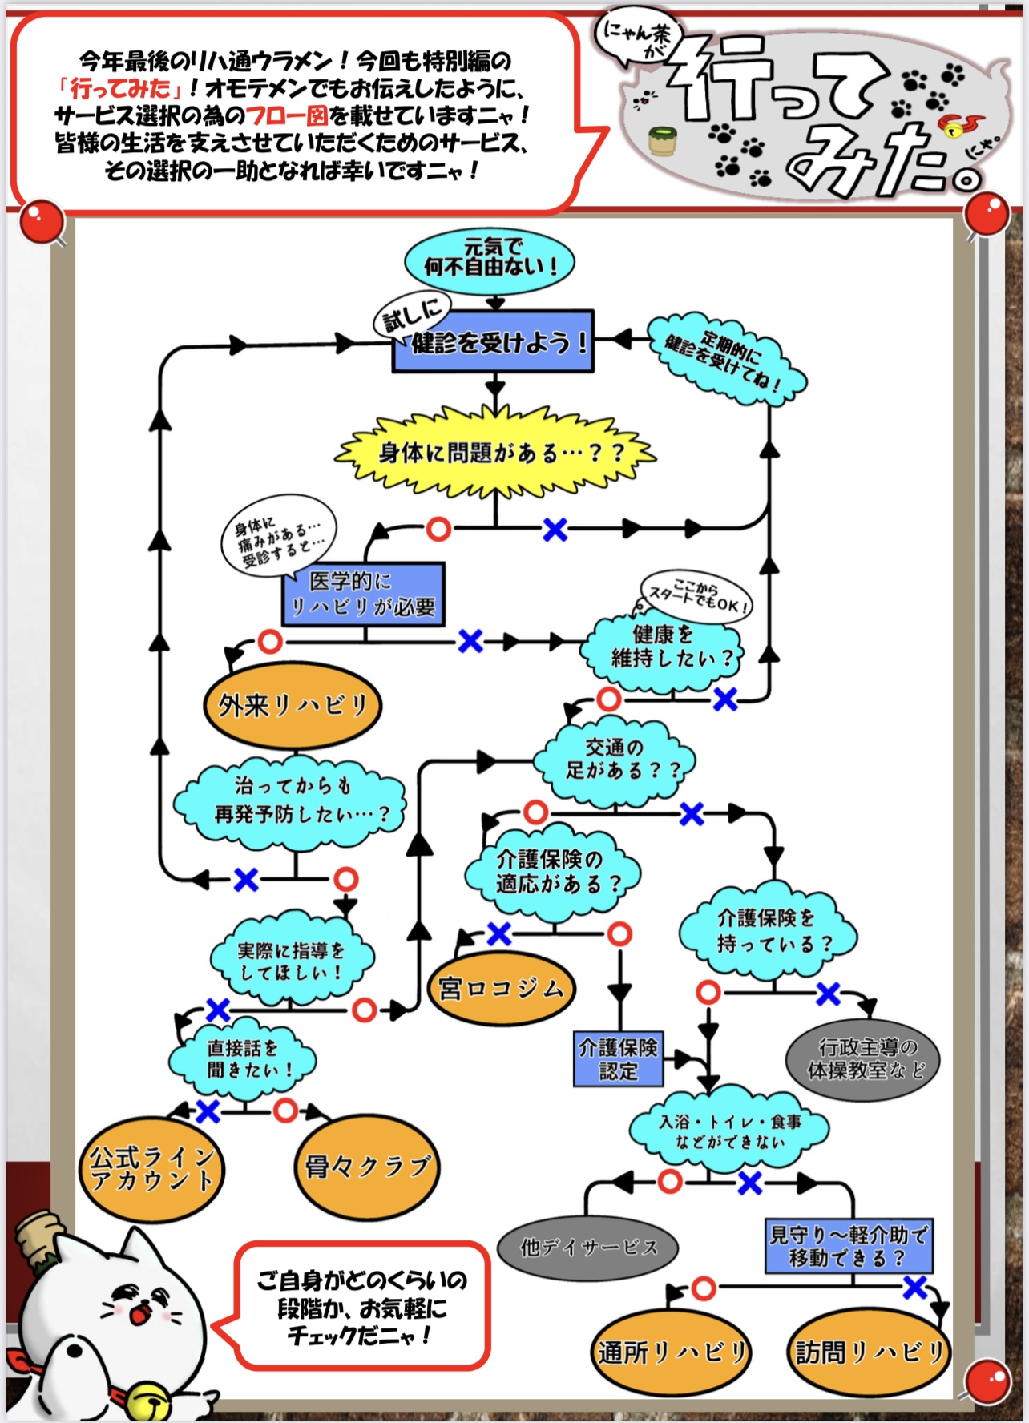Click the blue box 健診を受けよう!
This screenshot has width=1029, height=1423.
click(492, 342)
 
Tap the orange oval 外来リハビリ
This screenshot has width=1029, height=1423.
click(293, 706)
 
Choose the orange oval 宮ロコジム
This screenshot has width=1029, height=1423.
click(500, 990)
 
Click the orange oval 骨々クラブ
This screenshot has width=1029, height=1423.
click(368, 1167)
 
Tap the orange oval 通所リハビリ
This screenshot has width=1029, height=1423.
click(672, 1352)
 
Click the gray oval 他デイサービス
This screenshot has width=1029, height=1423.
click(588, 1248)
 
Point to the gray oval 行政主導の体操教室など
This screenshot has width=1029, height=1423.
click(862, 1059)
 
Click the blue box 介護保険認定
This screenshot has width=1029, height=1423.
click(618, 1059)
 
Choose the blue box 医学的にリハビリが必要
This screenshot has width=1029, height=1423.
click(363, 594)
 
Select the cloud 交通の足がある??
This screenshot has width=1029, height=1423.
click(614, 760)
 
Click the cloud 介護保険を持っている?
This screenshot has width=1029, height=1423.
click(767, 931)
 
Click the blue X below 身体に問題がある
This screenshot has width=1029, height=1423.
click(555, 529)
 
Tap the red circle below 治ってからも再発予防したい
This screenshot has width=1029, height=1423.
click(345, 879)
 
